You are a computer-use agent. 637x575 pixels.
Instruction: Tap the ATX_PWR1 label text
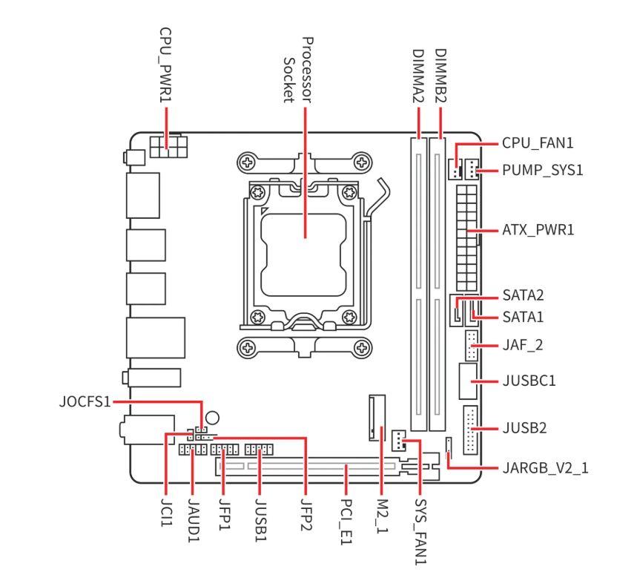538,231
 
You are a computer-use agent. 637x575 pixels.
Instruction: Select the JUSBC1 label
529,381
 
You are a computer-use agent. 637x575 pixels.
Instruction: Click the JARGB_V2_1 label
545,469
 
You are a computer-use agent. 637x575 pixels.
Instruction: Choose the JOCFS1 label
84,402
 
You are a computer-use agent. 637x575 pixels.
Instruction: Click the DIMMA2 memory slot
420,282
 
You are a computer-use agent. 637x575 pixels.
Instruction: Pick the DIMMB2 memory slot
440,282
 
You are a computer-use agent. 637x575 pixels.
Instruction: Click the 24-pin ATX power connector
466,237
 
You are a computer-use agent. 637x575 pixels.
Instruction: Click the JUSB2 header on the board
469,430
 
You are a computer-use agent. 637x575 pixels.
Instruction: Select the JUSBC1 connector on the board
466,381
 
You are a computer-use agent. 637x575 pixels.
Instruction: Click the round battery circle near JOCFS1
213,418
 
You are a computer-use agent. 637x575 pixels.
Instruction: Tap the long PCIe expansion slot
311,467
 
